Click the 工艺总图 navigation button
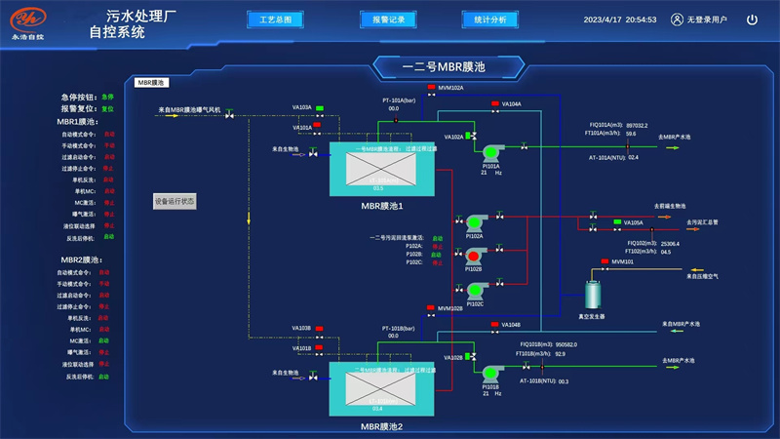click(275, 19)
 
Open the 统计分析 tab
click(489, 19)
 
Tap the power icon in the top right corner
click(752, 19)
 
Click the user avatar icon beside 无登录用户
click(677, 19)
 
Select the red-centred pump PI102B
click(475, 257)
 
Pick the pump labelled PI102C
click(475, 290)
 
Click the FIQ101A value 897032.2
click(637, 125)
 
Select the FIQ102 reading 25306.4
click(671, 243)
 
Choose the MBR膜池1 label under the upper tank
click(382, 206)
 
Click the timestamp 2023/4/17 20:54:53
click(620, 20)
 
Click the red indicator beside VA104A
click(494, 103)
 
